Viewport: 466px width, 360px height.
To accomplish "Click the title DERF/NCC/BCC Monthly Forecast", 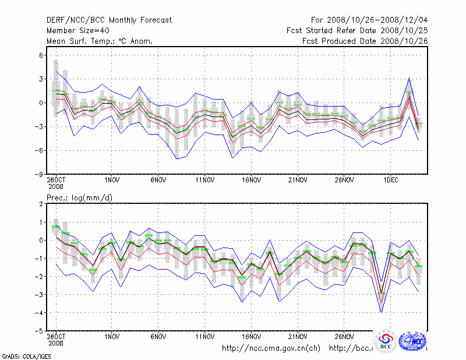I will click(109, 20).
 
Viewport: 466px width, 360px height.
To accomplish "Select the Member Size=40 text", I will click(77, 31).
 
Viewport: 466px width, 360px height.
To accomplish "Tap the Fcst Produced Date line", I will click(365, 41).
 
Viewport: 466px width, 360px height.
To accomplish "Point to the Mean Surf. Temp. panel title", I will click(100, 41).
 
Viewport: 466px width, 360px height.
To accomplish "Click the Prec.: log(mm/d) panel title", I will click(79, 198).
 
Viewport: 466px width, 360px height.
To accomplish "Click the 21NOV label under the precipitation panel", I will click(298, 337).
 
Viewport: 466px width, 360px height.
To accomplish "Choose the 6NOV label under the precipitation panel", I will click(158, 337).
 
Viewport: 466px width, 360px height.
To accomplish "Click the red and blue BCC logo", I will click(386, 341).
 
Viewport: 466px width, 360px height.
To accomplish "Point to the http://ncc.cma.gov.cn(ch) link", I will click(271, 348).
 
